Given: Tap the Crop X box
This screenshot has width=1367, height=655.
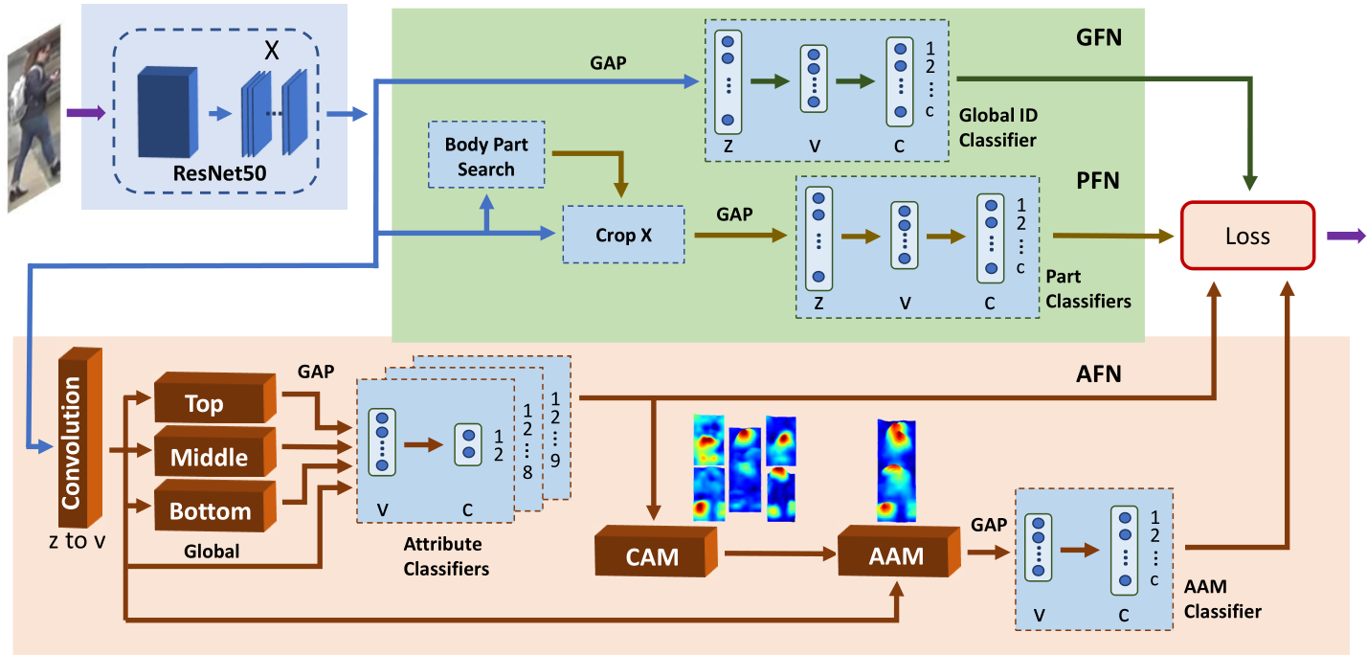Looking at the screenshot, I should click(x=623, y=235).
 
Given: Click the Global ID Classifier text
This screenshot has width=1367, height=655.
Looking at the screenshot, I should click(x=998, y=127).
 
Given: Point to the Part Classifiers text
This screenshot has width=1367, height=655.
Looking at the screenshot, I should click(x=1087, y=289).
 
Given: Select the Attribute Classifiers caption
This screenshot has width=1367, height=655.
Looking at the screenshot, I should click(x=446, y=556).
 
